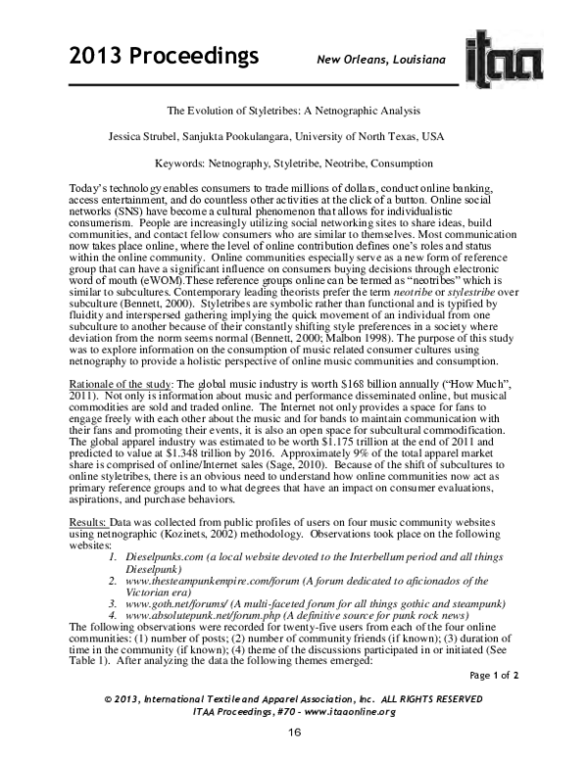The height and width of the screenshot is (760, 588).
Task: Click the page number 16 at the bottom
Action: point(293,731)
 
